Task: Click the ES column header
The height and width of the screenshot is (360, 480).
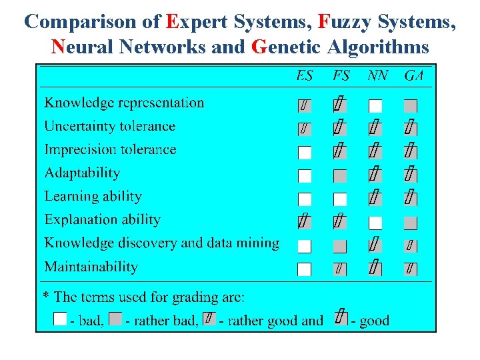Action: (x=304, y=76)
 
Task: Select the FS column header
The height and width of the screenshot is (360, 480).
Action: (x=341, y=76)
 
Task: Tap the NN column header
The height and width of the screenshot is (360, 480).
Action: (x=377, y=76)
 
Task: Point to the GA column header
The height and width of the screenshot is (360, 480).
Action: (x=413, y=76)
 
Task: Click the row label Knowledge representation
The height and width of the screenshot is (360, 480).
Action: (x=124, y=103)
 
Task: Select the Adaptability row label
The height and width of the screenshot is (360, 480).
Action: (x=82, y=173)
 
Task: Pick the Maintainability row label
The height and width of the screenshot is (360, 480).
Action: (x=91, y=267)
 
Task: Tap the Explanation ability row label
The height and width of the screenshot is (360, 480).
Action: (x=102, y=219)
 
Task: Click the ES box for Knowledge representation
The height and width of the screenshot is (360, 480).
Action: (x=304, y=105)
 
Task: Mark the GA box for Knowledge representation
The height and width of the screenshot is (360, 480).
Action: (x=411, y=105)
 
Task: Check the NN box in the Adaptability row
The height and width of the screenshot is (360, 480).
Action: (x=375, y=175)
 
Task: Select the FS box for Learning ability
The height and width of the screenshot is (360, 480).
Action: (x=340, y=199)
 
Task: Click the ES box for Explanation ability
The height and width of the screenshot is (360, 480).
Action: (x=304, y=221)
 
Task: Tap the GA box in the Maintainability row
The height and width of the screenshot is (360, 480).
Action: (x=411, y=269)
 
